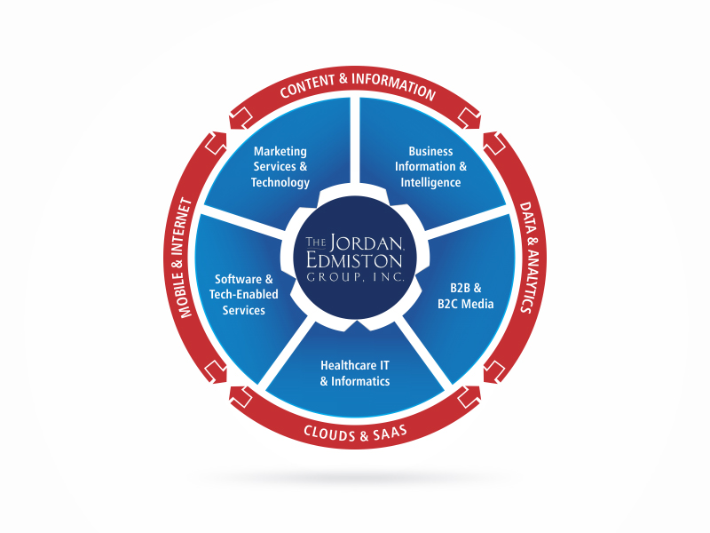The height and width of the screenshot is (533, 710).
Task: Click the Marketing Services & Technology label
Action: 280,167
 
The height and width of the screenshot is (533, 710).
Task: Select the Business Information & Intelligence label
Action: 430,167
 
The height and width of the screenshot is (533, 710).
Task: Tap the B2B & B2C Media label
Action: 465,296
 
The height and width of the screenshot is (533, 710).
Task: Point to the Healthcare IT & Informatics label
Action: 355,373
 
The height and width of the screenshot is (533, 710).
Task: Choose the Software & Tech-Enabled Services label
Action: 243,295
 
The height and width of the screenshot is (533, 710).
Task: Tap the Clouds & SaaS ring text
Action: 356,434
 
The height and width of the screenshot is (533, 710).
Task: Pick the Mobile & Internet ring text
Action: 182,258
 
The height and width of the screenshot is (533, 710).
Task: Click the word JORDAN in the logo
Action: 367,243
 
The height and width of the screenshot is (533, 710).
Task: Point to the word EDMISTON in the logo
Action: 354,260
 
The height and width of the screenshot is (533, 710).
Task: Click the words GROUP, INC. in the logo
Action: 355,276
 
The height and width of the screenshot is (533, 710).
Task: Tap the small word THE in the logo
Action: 316,242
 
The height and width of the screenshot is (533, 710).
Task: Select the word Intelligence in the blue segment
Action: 430,183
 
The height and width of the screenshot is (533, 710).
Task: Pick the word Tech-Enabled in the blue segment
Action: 243,295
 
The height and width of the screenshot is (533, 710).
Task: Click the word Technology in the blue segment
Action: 280,183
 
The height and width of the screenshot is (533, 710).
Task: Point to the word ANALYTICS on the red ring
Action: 529,281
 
